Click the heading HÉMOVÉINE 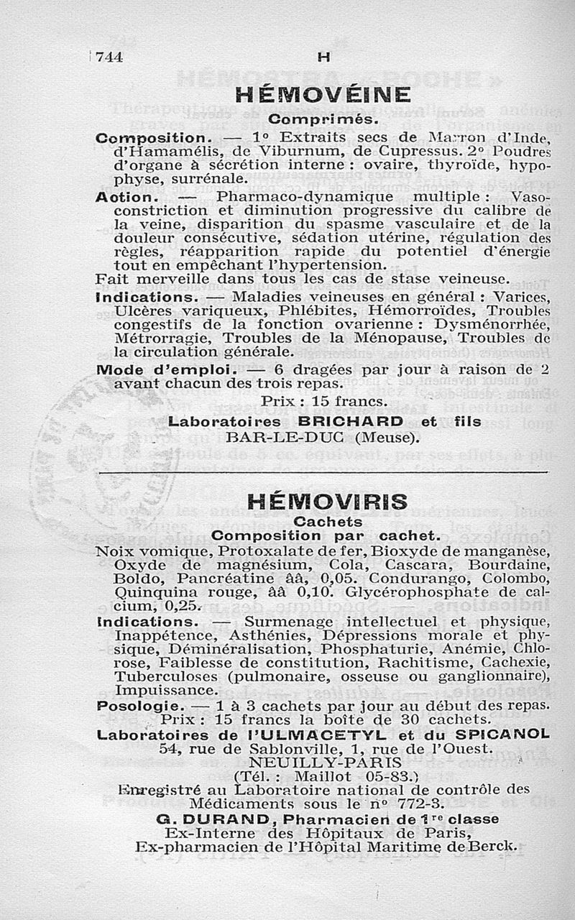tap(323, 96)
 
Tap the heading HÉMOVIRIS tap(327, 502)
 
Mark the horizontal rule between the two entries tap(323, 472)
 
